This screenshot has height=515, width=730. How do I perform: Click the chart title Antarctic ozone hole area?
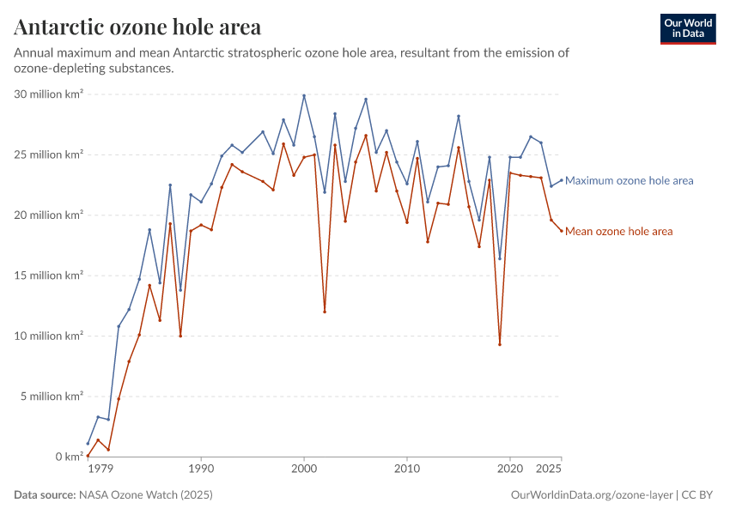click(137, 27)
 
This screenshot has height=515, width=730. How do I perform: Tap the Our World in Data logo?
click(687, 28)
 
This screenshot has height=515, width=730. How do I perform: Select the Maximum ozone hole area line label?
click(630, 181)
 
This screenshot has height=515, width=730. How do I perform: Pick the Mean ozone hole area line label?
click(618, 232)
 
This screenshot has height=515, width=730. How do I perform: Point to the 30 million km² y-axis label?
click(49, 94)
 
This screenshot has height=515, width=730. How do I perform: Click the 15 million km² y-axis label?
click(49, 276)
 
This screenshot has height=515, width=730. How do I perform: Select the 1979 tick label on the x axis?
click(100, 470)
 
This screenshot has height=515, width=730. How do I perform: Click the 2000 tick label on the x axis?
click(304, 470)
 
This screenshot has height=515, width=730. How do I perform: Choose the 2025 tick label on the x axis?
click(550, 470)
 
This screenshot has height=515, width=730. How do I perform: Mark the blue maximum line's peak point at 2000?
click(304, 95)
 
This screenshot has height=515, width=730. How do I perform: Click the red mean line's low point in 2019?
click(500, 345)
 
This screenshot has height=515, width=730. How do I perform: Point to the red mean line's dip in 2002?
click(325, 312)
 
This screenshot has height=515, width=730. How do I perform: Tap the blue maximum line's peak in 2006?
click(366, 99)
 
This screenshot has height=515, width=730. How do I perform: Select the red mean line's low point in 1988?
click(180, 336)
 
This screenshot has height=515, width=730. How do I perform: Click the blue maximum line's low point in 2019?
click(500, 258)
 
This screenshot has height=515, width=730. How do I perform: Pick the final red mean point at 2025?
click(562, 231)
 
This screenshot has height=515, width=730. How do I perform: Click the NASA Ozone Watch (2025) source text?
click(146, 495)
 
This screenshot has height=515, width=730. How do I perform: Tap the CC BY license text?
click(699, 495)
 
